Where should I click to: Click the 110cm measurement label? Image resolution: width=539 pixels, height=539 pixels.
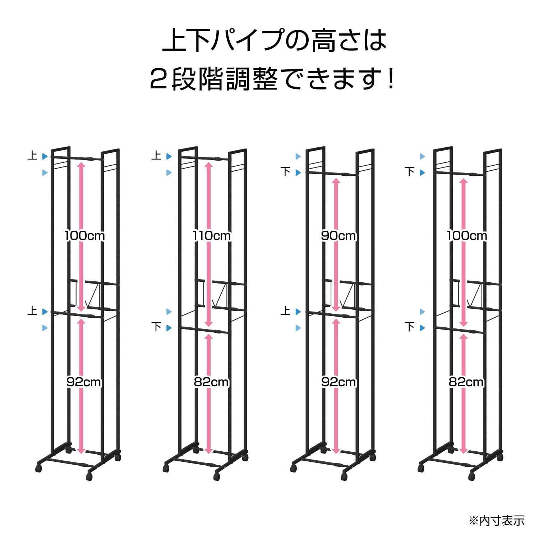212,236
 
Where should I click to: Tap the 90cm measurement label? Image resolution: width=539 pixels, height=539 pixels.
338,236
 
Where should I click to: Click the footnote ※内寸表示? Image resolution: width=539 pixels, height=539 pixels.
497,520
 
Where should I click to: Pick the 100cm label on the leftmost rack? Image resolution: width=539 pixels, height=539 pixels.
84,236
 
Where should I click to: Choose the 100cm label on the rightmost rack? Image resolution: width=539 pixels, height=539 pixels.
467,236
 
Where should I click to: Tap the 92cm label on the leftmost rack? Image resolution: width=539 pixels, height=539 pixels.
84,382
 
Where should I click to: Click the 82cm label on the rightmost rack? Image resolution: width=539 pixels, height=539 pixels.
466,382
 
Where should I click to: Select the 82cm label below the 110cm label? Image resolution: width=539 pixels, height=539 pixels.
211,382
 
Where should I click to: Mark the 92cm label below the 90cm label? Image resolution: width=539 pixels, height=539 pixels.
338,382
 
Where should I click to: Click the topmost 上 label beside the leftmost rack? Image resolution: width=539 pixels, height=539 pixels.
32,156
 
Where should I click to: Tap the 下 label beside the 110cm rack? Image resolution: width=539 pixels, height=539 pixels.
156,327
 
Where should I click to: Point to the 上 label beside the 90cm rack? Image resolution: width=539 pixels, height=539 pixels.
285,311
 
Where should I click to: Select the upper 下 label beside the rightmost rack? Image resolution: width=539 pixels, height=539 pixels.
410,172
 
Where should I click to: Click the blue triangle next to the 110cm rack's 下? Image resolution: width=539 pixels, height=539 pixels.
169,328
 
